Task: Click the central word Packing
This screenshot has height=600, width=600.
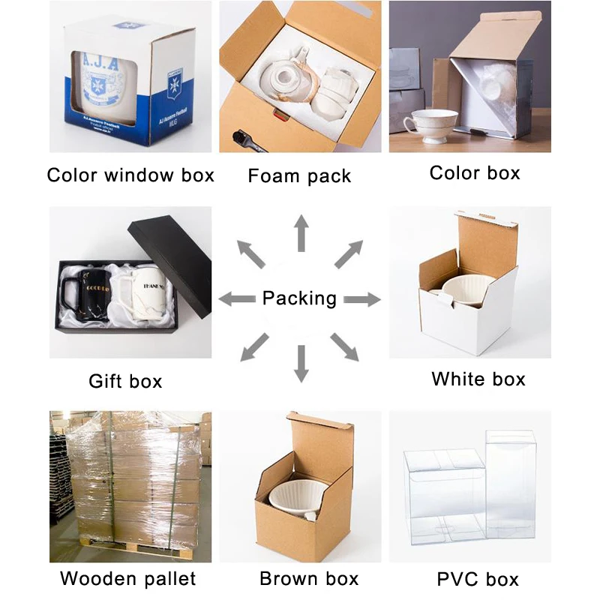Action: pyautogui.click(x=299, y=298)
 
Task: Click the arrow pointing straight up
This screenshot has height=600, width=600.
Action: pyautogui.click(x=301, y=232)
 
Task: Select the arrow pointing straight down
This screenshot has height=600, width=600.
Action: pyautogui.click(x=301, y=364)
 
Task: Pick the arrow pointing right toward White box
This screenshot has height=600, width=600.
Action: pyautogui.click(x=362, y=299)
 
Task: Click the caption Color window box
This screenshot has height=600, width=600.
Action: pyautogui.click(x=130, y=175)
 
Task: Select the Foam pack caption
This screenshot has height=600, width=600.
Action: pyautogui.click(x=299, y=177)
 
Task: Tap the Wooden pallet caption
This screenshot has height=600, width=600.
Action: pyautogui.click(x=128, y=578)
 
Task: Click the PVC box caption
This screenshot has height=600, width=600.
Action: pyautogui.click(x=478, y=579)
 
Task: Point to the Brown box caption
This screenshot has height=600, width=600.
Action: pyautogui.click(x=309, y=578)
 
